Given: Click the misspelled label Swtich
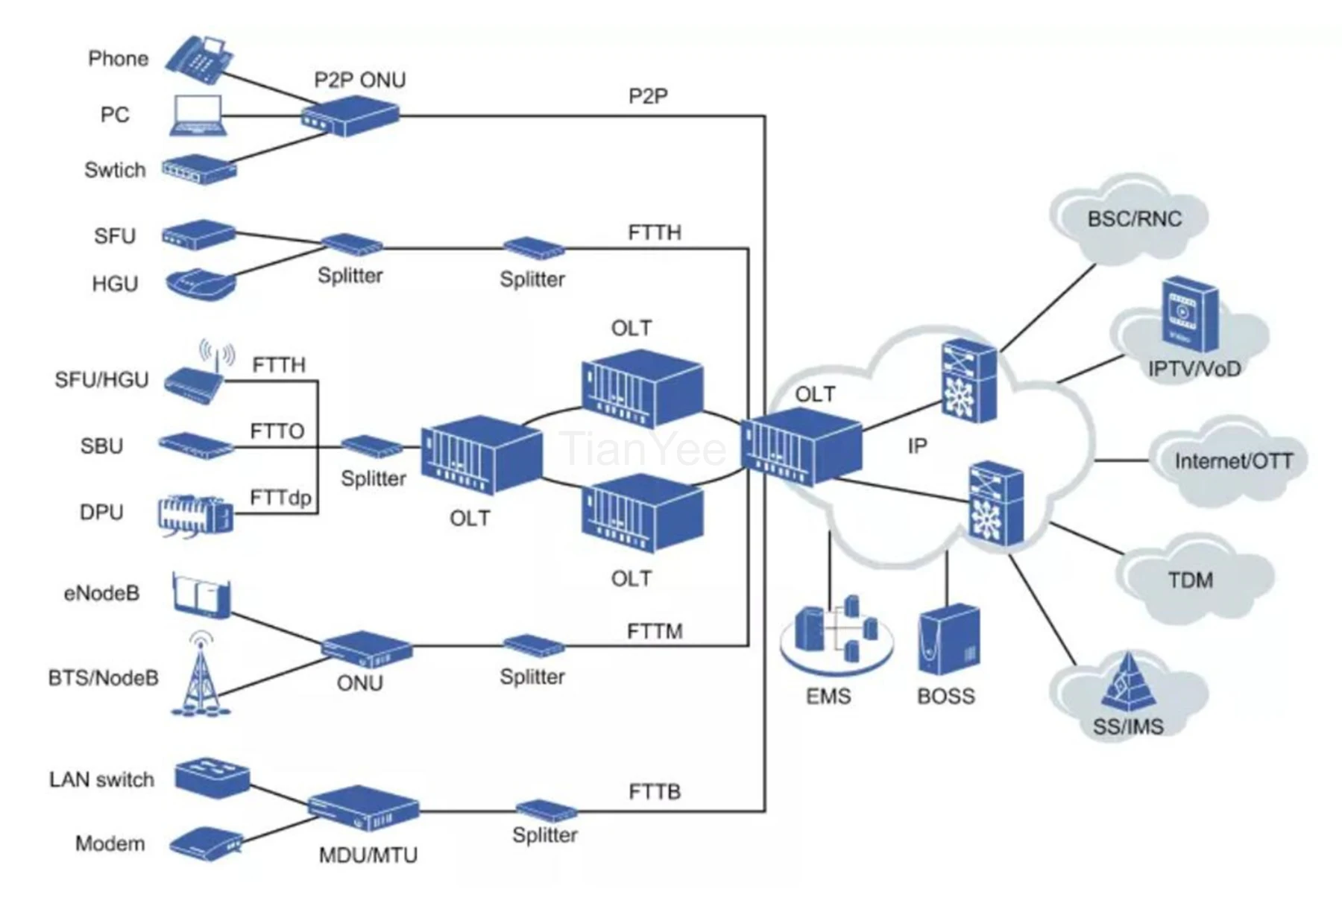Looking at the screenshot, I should [115, 170].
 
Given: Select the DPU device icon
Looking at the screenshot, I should [195, 515].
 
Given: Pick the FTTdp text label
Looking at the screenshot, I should [280, 498].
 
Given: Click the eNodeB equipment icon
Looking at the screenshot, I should [201, 595].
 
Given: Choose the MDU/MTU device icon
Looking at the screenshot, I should [364, 808].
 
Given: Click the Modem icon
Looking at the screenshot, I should [205, 843].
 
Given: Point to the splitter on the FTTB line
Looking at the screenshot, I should [546, 811].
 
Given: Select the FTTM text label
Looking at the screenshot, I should [655, 632].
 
